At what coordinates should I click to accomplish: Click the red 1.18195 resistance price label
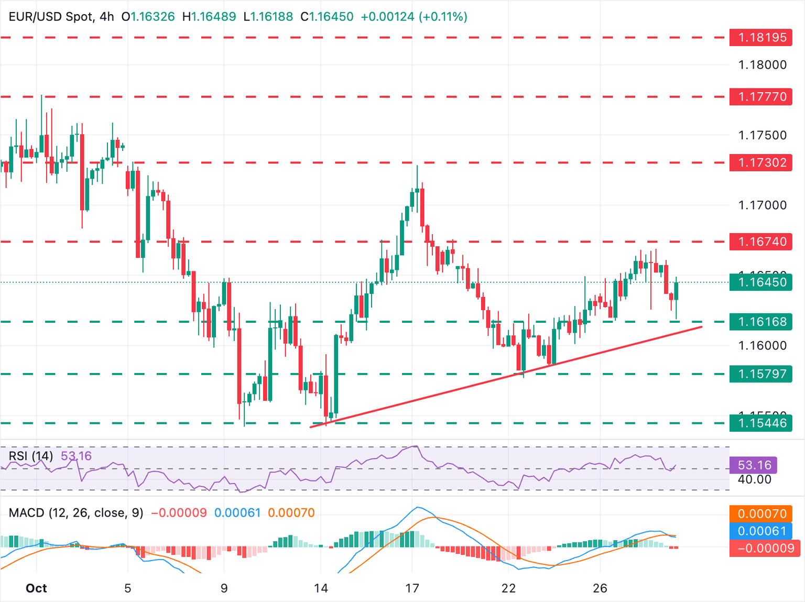tap(760, 38)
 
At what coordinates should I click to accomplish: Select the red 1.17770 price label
tap(760, 97)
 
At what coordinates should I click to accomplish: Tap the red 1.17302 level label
tap(760, 163)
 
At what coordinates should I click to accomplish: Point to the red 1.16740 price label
tap(760, 242)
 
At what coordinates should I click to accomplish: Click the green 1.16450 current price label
tap(760, 282)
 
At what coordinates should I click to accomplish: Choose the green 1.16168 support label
tap(760, 322)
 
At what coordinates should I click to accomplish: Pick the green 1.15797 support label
tap(760, 374)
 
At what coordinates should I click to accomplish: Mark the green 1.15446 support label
tap(760, 423)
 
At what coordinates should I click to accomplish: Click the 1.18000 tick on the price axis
tap(762, 65)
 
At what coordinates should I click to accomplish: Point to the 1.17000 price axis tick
tap(762, 205)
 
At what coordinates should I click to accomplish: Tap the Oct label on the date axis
tap(36, 588)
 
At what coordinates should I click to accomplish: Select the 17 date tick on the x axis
tap(412, 588)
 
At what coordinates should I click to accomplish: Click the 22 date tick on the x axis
tap(508, 588)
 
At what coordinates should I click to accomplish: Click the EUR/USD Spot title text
tap(51, 17)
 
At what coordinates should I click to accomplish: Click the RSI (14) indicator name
tap(31, 456)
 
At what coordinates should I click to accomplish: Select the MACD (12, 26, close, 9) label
tap(76, 513)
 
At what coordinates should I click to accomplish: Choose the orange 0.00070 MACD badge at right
tap(760, 514)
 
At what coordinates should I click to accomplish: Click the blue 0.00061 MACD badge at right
tap(760, 531)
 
